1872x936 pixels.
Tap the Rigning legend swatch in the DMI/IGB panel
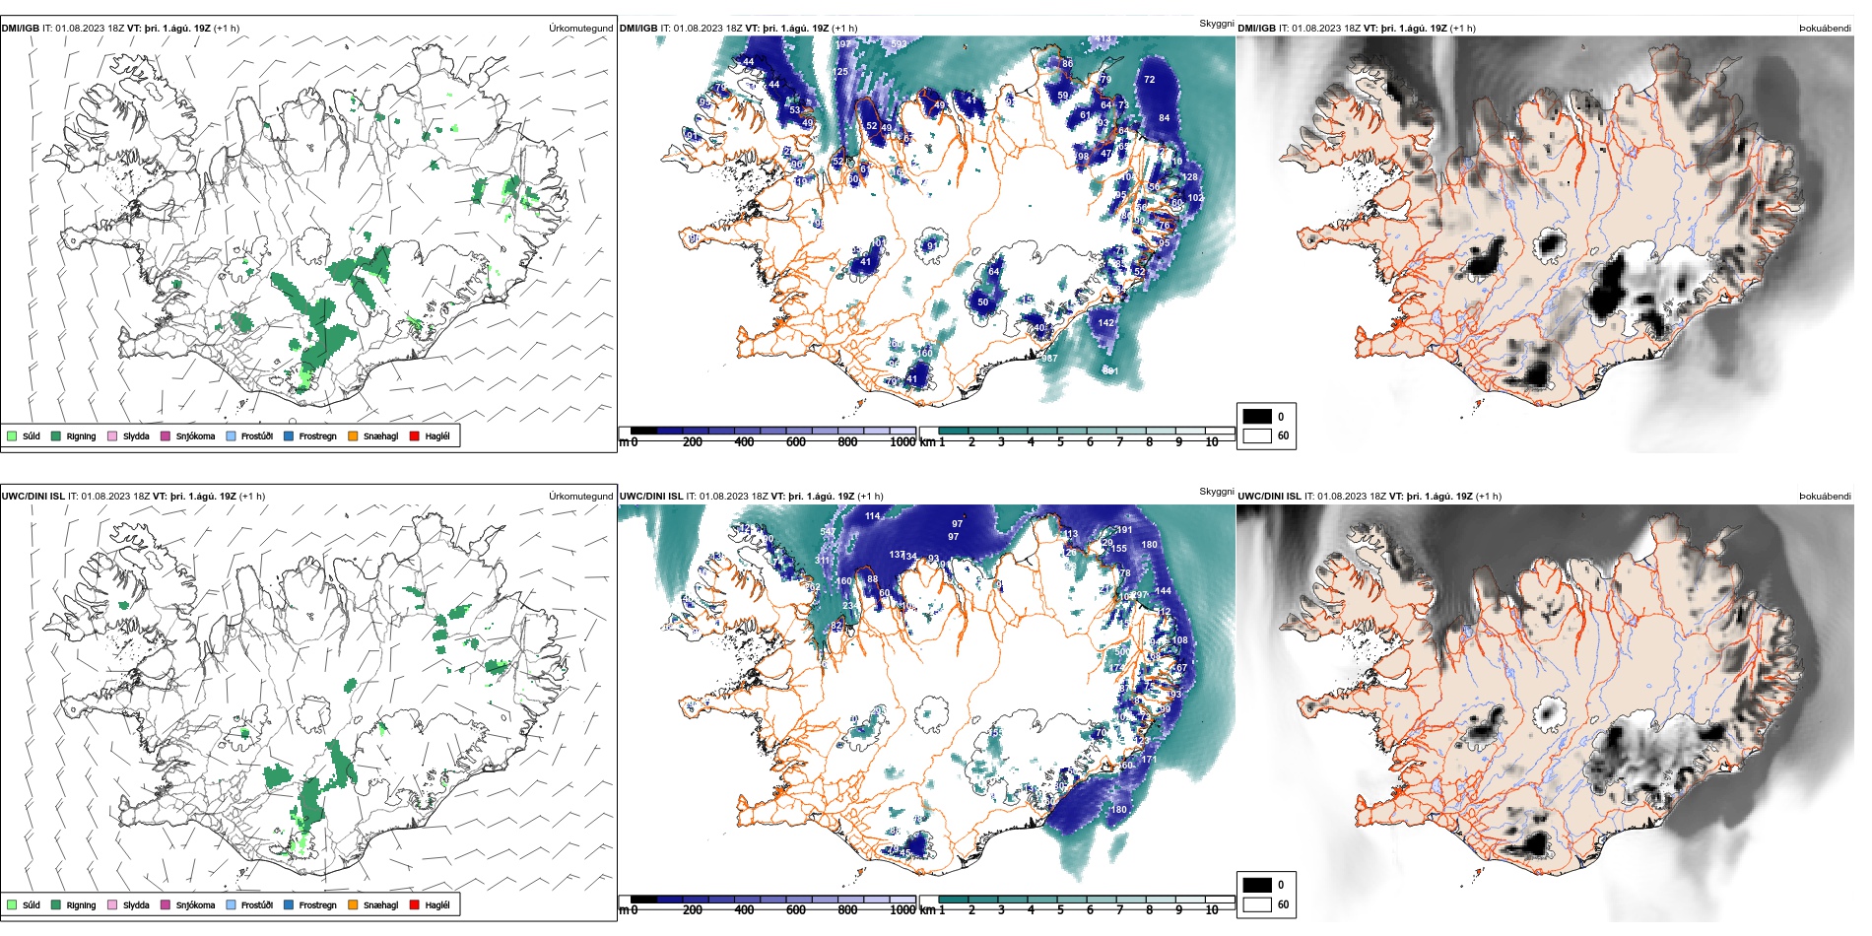click(57, 435)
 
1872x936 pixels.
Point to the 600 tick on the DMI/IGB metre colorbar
click(795, 442)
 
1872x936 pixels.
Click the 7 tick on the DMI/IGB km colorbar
click(1119, 442)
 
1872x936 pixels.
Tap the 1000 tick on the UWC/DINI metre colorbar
click(903, 910)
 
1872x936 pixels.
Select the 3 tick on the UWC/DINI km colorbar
click(1001, 910)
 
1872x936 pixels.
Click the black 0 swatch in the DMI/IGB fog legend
click(1257, 417)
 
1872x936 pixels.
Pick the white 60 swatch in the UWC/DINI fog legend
click(1257, 903)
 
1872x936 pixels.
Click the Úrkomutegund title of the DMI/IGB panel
click(580, 29)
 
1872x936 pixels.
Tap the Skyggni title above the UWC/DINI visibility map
click(1216, 491)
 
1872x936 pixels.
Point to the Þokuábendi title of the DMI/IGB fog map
click(1825, 29)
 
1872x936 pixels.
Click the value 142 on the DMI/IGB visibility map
click(1106, 322)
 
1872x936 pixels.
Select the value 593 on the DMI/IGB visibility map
click(899, 44)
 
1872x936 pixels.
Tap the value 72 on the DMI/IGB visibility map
click(1149, 80)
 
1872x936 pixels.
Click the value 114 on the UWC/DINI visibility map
click(873, 516)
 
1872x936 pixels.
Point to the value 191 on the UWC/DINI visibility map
click(1124, 530)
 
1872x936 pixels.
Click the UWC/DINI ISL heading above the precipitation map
click(33, 497)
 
